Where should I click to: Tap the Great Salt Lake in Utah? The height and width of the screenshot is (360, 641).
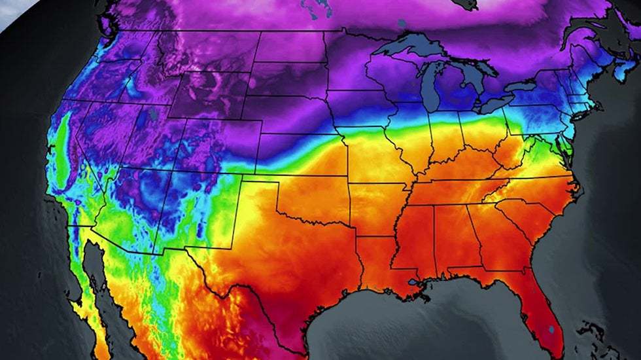pos(152,114)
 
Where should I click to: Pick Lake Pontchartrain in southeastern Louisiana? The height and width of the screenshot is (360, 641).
pos(413,283)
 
